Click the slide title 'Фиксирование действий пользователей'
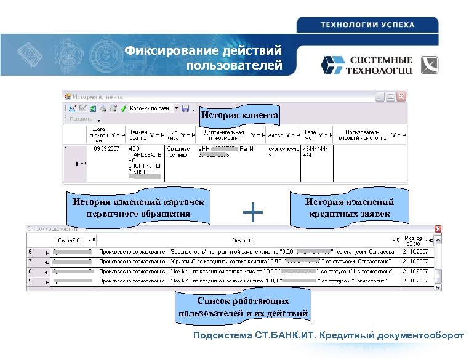203,57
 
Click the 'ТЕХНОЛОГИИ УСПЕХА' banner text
367,25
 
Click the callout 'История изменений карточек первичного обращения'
138,207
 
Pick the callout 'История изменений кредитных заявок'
350,207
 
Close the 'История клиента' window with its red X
401,97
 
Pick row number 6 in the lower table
30,252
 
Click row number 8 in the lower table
30,271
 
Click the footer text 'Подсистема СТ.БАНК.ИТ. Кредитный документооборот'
328,336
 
